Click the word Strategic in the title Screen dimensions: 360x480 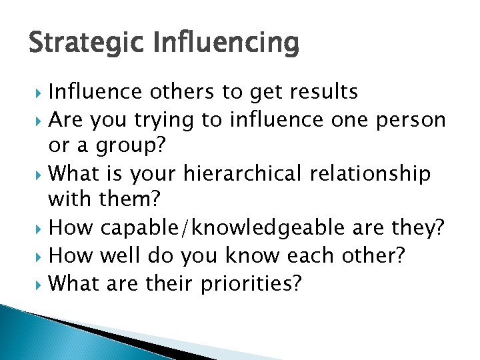87,43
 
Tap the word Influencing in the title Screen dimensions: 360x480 226,43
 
